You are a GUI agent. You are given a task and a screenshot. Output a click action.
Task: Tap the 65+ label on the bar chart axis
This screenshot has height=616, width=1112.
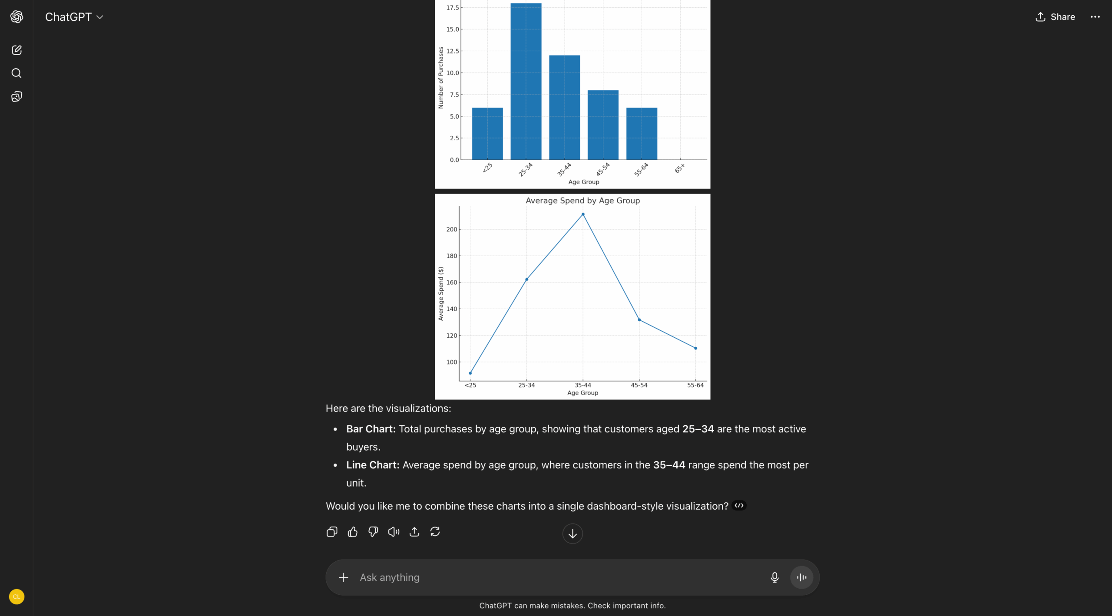pyautogui.click(x=680, y=168)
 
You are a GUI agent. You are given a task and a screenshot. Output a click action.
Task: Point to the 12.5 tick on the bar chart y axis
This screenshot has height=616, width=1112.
pyautogui.click(x=452, y=51)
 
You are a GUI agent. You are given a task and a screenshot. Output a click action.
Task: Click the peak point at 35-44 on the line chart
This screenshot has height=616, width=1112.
pyautogui.click(x=583, y=214)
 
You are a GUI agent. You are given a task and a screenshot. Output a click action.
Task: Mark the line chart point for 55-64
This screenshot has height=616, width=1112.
pyautogui.click(x=695, y=348)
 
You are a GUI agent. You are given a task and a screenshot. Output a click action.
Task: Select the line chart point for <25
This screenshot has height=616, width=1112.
pyautogui.click(x=470, y=373)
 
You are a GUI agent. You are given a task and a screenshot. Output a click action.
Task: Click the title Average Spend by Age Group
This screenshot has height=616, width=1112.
pyautogui.click(x=582, y=201)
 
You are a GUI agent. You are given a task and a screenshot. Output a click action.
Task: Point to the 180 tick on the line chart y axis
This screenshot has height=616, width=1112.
pyautogui.click(x=452, y=256)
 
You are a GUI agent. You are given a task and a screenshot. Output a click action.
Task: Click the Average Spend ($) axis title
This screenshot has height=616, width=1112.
pyautogui.click(x=441, y=294)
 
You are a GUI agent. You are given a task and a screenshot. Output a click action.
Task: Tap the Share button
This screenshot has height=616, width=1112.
pyautogui.click(x=1055, y=17)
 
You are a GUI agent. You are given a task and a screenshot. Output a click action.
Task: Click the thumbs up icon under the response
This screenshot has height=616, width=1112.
pyautogui.click(x=352, y=532)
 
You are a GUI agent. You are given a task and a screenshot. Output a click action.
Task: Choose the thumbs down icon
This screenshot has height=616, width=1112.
pyautogui.click(x=373, y=532)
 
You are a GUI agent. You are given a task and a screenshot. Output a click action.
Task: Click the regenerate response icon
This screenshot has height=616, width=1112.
pyautogui.click(x=435, y=532)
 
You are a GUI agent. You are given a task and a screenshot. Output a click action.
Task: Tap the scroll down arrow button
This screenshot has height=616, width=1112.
pyautogui.click(x=573, y=534)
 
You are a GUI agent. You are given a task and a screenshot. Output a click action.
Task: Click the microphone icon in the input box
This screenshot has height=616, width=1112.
pyautogui.click(x=774, y=577)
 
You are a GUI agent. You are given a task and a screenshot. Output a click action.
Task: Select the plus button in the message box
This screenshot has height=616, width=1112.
pyautogui.click(x=344, y=577)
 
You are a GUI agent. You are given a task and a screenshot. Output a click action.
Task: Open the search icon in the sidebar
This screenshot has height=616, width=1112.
pyautogui.click(x=17, y=73)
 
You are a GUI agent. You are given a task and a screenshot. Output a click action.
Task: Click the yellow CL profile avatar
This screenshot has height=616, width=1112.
pyautogui.click(x=17, y=596)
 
